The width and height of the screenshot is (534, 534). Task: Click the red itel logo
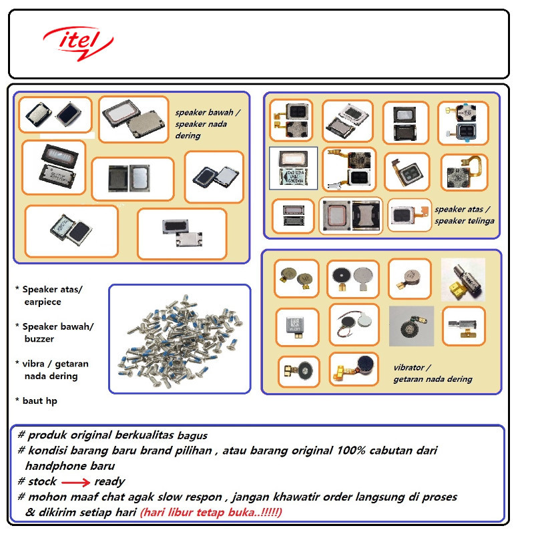coord(77,41)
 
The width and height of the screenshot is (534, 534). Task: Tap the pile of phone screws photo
coord(179,338)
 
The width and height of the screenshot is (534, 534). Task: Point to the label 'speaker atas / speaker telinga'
coord(464,214)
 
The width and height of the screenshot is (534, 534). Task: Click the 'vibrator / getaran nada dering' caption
coord(432,373)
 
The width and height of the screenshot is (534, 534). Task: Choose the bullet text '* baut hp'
coord(39,400)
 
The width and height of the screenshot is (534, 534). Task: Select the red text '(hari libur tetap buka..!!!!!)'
coord(211,513)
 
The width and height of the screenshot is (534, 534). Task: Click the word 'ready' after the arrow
coord(109,482)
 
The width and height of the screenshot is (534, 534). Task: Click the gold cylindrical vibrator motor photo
coord(463,279)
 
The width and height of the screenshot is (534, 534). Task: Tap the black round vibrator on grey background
coord(411,326)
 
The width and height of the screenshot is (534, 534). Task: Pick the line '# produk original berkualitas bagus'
coord(113,435)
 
